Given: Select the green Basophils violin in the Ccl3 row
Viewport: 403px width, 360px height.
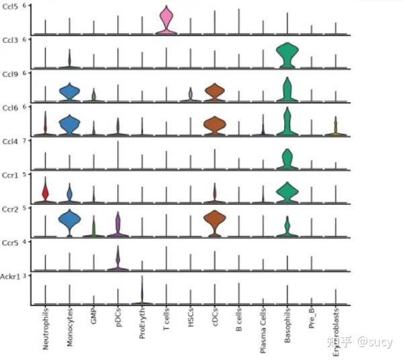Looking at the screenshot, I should [287, 55].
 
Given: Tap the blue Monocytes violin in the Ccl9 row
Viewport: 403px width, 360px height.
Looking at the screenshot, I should [69, 93].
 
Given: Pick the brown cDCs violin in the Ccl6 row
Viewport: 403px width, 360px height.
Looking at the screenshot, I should [214, 125].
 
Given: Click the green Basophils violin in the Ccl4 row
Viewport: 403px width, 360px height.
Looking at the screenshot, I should [287, 159].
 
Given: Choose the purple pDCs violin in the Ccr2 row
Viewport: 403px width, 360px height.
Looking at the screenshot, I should [118, 226].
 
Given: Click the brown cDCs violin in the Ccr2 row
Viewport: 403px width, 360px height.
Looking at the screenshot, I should [214, 222].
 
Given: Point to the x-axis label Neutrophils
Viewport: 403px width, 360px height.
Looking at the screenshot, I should [45, 325].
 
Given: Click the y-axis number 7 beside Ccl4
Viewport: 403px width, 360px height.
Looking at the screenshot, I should [24, 140].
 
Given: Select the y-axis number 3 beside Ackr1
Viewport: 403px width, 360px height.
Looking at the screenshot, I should [24, 275].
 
